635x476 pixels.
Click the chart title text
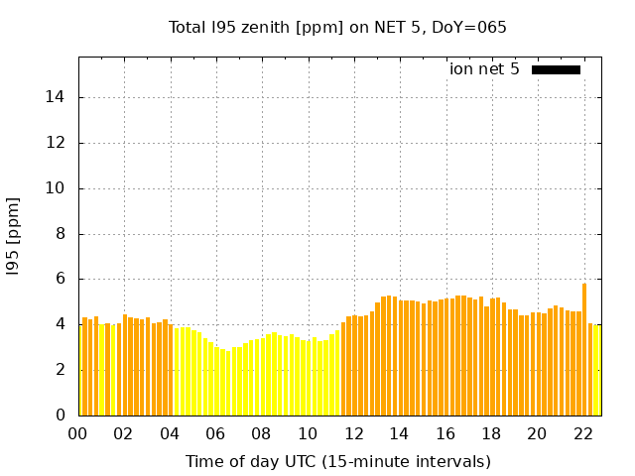click(337, 28)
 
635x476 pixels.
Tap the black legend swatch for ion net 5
click(556, 69)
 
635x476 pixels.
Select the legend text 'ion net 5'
click(484, 69)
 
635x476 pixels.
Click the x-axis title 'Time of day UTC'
click(337, 461)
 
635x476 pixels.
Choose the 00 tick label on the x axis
click(78, 433)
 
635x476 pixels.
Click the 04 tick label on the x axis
click(170, 433)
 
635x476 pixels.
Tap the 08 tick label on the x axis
click(262, 433)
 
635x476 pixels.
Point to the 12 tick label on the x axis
click(353, 433)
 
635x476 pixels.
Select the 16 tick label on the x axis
click(445, 433)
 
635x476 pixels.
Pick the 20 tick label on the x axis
click(537, 433)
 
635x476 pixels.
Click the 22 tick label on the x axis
click(583, 433)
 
